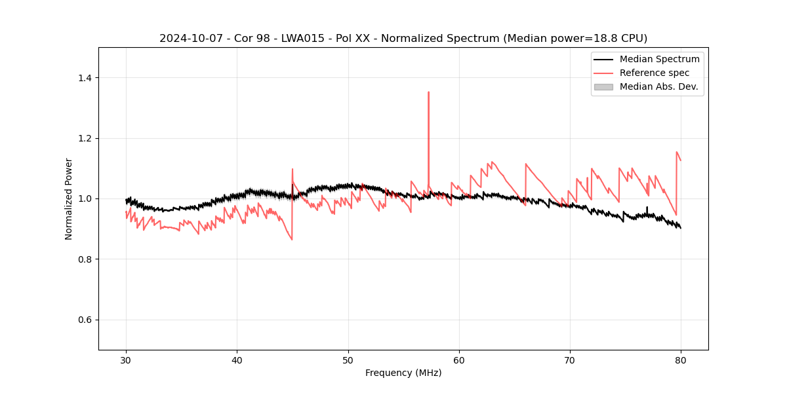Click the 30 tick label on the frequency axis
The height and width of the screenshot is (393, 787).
point(126,360)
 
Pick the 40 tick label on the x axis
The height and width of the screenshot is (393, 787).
point(237,360)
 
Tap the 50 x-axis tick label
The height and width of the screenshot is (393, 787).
point(348,360)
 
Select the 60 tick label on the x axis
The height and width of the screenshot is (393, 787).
point(459,360)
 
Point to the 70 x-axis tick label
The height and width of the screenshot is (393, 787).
point(570,360)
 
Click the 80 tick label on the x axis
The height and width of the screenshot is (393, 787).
point(681,360)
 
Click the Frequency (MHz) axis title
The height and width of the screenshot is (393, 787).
point(403,373)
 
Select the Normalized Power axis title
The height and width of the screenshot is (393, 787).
point(69,198)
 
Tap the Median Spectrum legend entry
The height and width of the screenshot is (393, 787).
point(659,59)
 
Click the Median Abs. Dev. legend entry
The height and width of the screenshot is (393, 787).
point(658,86)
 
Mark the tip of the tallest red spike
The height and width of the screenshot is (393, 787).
point(428,92)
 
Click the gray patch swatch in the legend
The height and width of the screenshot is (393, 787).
point(603,86)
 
